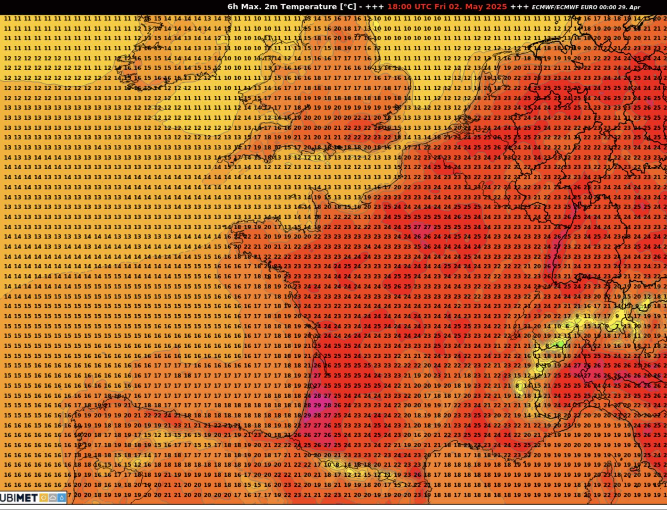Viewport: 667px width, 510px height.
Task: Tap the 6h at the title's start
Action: click(x=232, y=7)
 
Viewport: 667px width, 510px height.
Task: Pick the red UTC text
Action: click(x=422, y=7)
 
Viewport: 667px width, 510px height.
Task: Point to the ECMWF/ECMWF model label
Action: click(x=551, y=7)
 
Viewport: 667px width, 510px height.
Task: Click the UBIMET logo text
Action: click(x=19, y=498)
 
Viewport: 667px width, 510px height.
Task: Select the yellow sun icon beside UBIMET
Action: click(x=44, y=498)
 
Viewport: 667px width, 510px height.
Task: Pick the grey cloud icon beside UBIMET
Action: click(x=53, y=498)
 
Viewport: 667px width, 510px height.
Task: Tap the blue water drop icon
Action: click(x=61, y=498)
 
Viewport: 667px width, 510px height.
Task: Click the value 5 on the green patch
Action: click(x=557, y=346)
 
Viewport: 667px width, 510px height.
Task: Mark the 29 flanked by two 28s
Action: click(x=317, y=405)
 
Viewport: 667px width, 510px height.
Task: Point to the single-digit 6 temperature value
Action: click(x=567, y=326)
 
